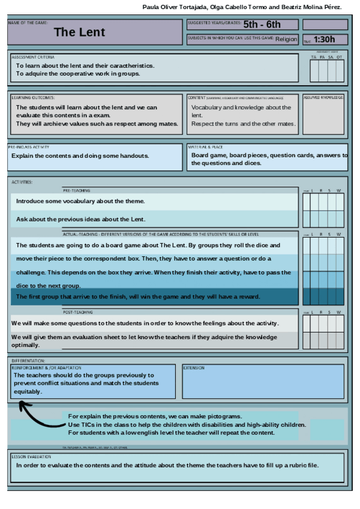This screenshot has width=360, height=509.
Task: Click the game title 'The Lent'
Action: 79,32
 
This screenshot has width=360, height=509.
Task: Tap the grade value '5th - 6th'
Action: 262,25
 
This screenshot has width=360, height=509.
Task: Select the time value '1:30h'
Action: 324,40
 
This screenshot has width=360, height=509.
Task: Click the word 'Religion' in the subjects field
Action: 286,40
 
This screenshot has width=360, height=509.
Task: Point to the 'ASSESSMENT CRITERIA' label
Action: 33,56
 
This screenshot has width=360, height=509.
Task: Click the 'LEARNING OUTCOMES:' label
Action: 33,97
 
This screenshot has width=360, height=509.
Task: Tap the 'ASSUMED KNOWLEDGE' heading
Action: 323,97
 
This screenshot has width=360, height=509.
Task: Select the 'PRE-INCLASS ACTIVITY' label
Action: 29,146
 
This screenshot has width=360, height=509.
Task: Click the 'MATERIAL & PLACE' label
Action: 205,146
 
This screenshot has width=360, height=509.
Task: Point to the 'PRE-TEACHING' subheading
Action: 76,190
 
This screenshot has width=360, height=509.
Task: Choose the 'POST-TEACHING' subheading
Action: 78,312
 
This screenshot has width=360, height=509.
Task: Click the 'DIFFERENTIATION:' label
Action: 28,361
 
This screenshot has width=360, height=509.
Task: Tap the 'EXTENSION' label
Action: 194,368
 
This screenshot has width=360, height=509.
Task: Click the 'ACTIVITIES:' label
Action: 22,182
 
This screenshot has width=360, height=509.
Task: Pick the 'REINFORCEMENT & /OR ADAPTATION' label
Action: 47,367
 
